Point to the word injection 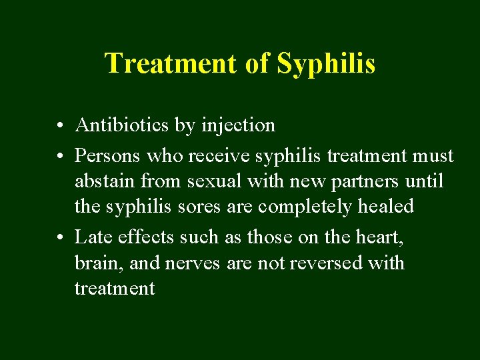tap(237, 125)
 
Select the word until tap(426, 181)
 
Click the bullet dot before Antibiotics tap(60, 125)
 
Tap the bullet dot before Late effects tap(60, 237)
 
